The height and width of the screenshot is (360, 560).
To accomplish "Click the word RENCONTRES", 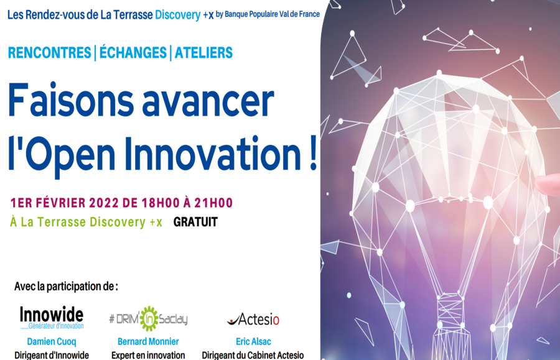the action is [x=50, y=53].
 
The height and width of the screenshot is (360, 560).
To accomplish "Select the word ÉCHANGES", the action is [x=133, y=52].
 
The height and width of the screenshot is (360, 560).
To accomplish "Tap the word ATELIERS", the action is [x=203, y=53].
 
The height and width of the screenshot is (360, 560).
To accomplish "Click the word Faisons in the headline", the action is [x=71, y=100].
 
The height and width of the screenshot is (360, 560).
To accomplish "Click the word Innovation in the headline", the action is [x=213, y=154].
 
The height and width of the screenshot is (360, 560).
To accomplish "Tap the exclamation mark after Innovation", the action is [x=313, y=154].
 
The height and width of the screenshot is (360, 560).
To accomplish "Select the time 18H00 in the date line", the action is [x=161, y=203].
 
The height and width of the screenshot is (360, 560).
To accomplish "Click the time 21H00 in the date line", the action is [x=213, y=203].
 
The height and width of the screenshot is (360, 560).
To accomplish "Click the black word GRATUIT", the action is [x=195, y=222].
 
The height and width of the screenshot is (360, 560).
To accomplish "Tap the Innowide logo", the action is [x=52, y=318].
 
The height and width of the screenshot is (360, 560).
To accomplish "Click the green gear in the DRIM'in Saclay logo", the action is [x=149, y=318].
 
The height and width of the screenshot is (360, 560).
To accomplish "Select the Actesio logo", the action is [x=253, y=319].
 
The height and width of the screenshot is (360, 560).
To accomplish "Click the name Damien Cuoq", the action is [x=52, y=341].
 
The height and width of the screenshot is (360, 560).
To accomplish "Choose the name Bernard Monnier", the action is [x=148, y=341].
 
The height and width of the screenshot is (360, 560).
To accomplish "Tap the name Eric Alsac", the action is [x=253, y=341].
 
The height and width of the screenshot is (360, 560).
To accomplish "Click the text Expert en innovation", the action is [x=148, y=356].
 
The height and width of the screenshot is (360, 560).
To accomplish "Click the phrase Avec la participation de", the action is [x=66, y=287].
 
